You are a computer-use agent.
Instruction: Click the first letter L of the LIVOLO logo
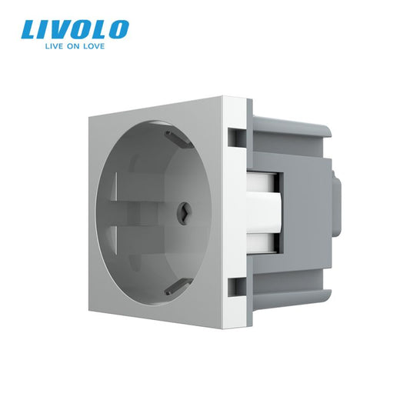pyautogui.click(x=31, y=31)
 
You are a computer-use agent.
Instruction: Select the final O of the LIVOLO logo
pyautogui.click(x=117, y=31)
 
